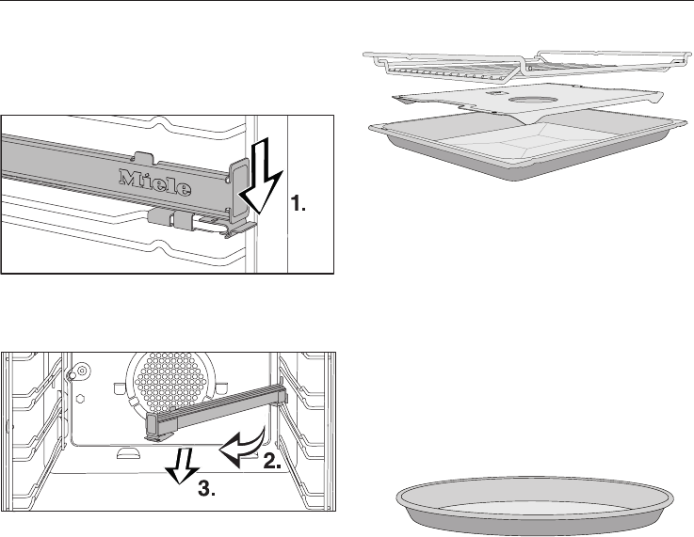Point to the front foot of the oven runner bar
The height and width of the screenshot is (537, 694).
[x=154, y=434]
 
